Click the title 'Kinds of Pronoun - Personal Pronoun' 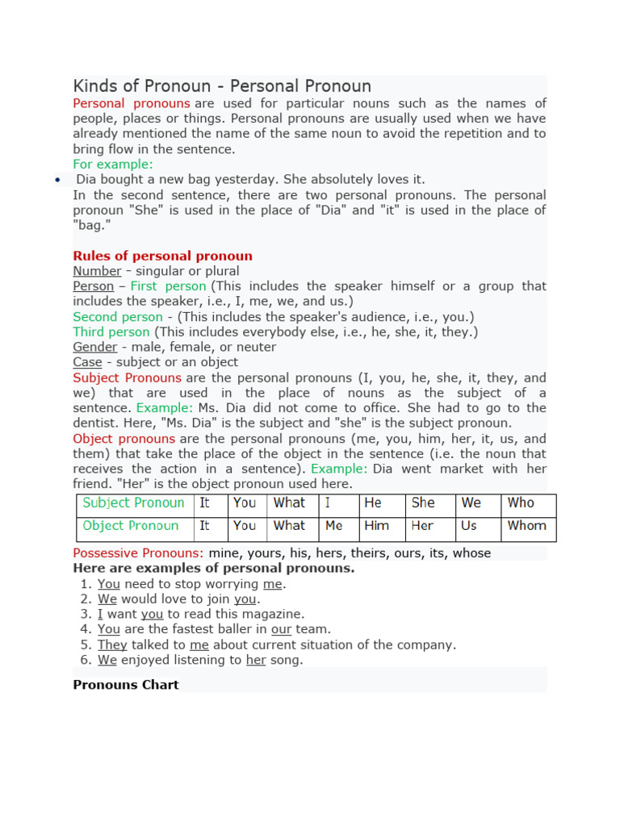pyautogui.click(x=222, y=86)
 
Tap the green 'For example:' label pyautogui.click(x=112, y=165)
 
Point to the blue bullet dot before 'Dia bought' pyautogui.click(x=57, y=181)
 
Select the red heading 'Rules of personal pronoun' pyautogui.click(x=162, y=256)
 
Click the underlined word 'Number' pyautogui.click(x=97, y=271)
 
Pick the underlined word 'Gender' pyautogui.click(x=95, y=347)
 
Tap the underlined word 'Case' pyautogui.click(x=87, y=362)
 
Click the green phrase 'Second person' pyautogui.click(x=118, y=317)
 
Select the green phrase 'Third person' pyautogui.click(x=111, y=332)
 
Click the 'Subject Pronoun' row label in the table pyautogui.click(x=134, y=503)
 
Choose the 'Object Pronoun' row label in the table pyautogui.click(x=131, y=525)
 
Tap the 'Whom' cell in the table pyautogui.click(x=526, y=525)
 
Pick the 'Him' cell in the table pyautogui.click(x=376, y=525)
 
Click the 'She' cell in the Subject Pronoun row pyautogui.click(x=423, y=503)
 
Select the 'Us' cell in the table pyautogui.click(x=469, y=525)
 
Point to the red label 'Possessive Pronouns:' pyautogui.click(x=138, y=553)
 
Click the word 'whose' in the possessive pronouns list pyautogui.click(x=471, y=553)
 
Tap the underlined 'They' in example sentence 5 pyautogui.click(x=113, y=645)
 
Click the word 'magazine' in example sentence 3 pyautogui.click(x=275, y=614)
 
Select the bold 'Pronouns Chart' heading pyautogui.click(x=126, y=685)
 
